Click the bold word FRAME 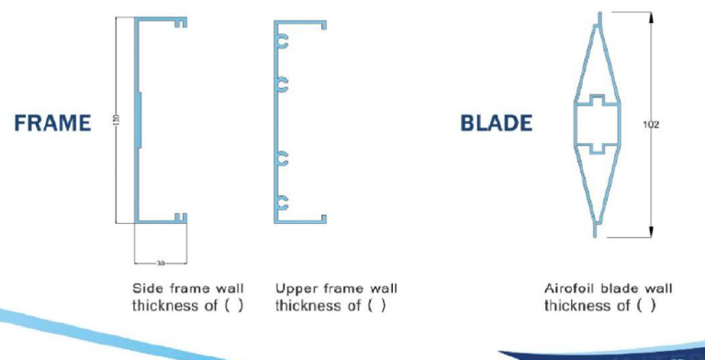click(52, 124)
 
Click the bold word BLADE click(496, 124)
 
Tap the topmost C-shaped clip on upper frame click(282, 41)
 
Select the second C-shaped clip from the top click(282, 84)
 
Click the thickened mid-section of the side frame click(139, 118)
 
